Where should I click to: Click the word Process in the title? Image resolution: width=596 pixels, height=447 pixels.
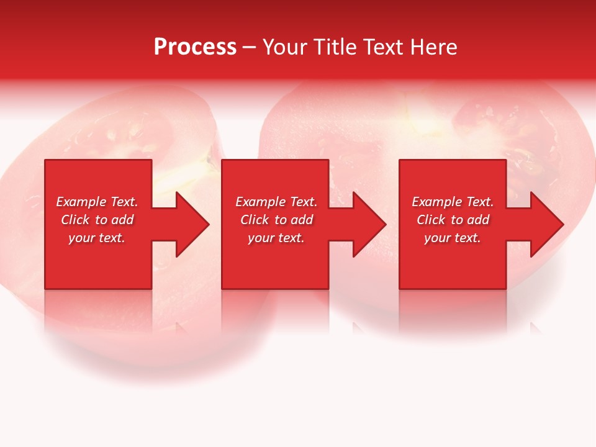(x=195, y=47)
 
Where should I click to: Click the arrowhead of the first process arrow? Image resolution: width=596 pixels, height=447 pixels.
(x=192, y=224)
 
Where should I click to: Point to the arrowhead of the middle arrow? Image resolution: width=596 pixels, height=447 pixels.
(x=369, y=224)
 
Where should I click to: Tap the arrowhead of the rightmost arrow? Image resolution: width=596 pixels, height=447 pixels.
(x=547, y=224)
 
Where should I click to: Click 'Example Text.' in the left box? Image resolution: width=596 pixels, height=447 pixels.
(x=97, y=202)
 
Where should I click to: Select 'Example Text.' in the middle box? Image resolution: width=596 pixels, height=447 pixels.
(x=276, y=202)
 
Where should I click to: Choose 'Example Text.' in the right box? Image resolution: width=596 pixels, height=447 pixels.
(x=453, y=202)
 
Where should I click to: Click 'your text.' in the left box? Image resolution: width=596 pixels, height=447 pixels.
(x=97, y=238)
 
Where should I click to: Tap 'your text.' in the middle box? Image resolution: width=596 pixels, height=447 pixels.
(x=276, y=238)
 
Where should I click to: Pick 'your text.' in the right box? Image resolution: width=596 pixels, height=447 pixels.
(x=453, y=238)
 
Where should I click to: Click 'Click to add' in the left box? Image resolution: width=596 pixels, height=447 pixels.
(x=97, y=220)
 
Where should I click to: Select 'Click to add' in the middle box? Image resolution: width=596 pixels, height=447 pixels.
(x=276, y=220)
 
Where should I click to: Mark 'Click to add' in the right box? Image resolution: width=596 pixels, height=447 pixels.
(x=453, y=220)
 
